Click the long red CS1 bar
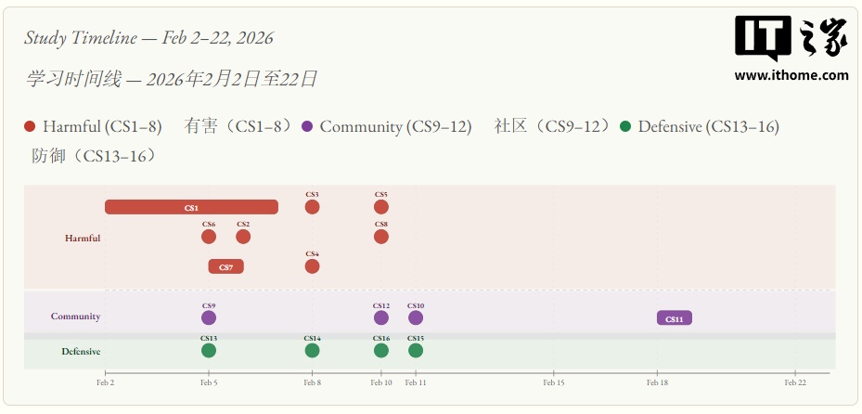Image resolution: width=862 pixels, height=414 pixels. coord(191,207)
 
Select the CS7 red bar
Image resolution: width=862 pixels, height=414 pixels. coord(225,266)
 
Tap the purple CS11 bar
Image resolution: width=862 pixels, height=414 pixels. coord(675,318)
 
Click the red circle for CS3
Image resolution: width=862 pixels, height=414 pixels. coord(312,207)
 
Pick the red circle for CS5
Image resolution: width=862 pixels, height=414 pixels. coord(381,207)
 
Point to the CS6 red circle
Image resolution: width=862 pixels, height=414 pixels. coord(209,237)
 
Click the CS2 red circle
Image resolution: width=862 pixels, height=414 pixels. coord(243,237)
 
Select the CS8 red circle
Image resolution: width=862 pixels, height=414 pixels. coord(381,237)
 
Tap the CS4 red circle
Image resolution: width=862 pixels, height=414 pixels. coord(312,266)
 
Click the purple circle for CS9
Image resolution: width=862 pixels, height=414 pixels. coord(209,317)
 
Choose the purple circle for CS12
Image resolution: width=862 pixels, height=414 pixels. coord(381,317)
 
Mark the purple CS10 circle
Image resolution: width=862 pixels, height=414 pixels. coord(416,317)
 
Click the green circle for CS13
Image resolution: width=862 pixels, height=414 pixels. coord(209,350)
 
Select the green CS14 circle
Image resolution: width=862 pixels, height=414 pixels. coord(312,350)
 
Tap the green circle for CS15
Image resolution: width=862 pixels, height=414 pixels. coord(416,350)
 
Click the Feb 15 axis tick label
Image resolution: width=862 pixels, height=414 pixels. coord(554,382)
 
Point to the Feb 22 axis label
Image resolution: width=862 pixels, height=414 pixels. coord(795,382)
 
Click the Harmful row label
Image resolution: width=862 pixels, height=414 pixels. coord(83,239)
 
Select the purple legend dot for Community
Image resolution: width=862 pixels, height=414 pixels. coord(308,127)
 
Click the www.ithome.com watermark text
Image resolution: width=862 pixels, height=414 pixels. coord(791,75)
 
